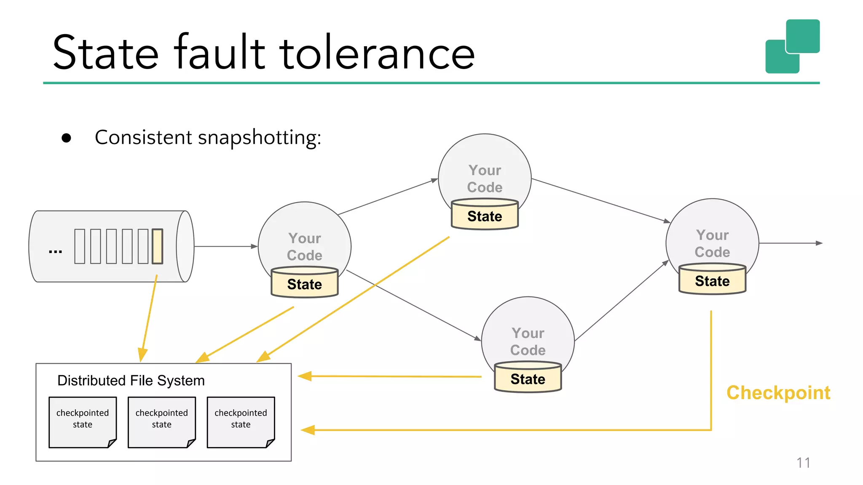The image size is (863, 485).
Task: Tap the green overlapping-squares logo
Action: (x=792, y=46)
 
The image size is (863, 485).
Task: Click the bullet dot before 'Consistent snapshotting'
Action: (x=66, y=138)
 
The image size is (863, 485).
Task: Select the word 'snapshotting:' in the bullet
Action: (x=259, y=138)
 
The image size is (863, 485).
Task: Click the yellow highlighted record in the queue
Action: (x=157, y=246)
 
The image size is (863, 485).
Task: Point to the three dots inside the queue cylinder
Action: (x=55, y=252)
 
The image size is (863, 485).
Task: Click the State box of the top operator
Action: (x=485, y=216)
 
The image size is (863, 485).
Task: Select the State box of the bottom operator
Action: (x=528, y=379)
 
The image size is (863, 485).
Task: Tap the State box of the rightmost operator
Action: (x=712, y=281)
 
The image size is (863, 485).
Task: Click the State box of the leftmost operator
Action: (x=304, y=284)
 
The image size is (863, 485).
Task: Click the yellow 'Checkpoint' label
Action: (x=778, y=393)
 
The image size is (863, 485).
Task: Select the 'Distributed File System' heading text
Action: (x=131, y=381)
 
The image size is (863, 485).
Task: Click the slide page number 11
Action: (x=803, y=463)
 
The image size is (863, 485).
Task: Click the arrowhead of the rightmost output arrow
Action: (x=819, y=243)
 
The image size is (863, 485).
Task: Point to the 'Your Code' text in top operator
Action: (x=485, y=179)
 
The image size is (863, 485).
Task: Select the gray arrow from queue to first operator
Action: (x=225, y=246)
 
